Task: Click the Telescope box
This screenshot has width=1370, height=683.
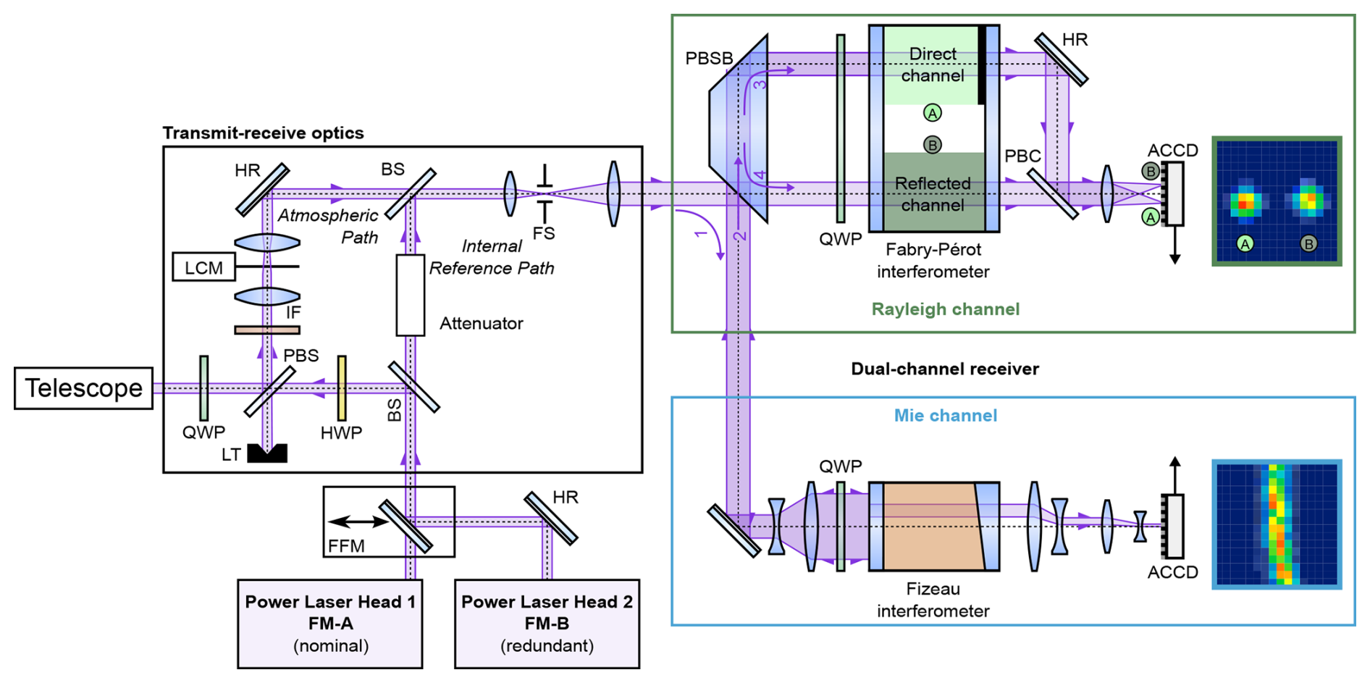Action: pyautogui.click(x=83, y=388)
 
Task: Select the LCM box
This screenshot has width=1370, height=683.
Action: pyautogui.click(x=203, y=267)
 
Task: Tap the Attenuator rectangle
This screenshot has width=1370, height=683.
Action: pyautogui.click(x=410, y=296)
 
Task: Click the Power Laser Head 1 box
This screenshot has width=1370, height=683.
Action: pyautogui.click(x=330, y=624)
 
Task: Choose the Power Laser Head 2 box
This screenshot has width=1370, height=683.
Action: pyautogui.click(x=547, y=624)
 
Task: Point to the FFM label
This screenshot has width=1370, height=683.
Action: pyautogui.click(x=346, y=546)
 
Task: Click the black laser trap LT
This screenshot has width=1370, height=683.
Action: pyautogui.click(x=267, y=453)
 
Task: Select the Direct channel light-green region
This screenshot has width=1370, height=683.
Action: pyautogui.click(x=931, y=65)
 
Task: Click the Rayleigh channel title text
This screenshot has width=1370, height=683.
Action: pyautogui.click(x=945, y=309)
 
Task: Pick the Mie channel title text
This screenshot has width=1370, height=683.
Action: pyautogui.click(x=945, y=416)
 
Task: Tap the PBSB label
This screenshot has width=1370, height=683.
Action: pyautogui.click(x=709, y=59)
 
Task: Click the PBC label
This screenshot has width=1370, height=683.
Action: pyautogui.click(x=1022, y=156)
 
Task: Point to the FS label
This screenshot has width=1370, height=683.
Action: pyautogui.click(x=544, y=233)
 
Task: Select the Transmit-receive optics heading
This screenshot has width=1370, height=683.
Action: pyautogui.click(x=263, y=133)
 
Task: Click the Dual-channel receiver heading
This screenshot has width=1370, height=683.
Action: pyautogui.click(x=945, y=369)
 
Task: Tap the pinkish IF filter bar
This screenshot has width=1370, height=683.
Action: pyautogui.click(x=267, y=330)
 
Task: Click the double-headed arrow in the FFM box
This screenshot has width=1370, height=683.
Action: pyautogui.click(x=359, y=521)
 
